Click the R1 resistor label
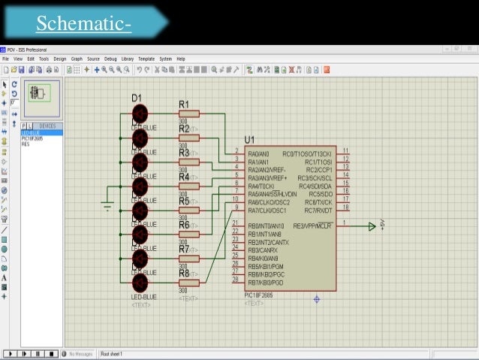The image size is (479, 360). (x=184, y=103)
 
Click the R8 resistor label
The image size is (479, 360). (x=184, y=273)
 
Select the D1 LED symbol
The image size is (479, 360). (x=140, y=113)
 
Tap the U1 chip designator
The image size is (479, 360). (x=249, y=140)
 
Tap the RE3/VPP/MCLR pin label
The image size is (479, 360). (x=313, y=225)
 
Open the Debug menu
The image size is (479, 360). (x=110, y=59)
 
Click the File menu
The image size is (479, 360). (x=6, y=59)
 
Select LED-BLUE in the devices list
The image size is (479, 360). (x=31, y=133)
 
